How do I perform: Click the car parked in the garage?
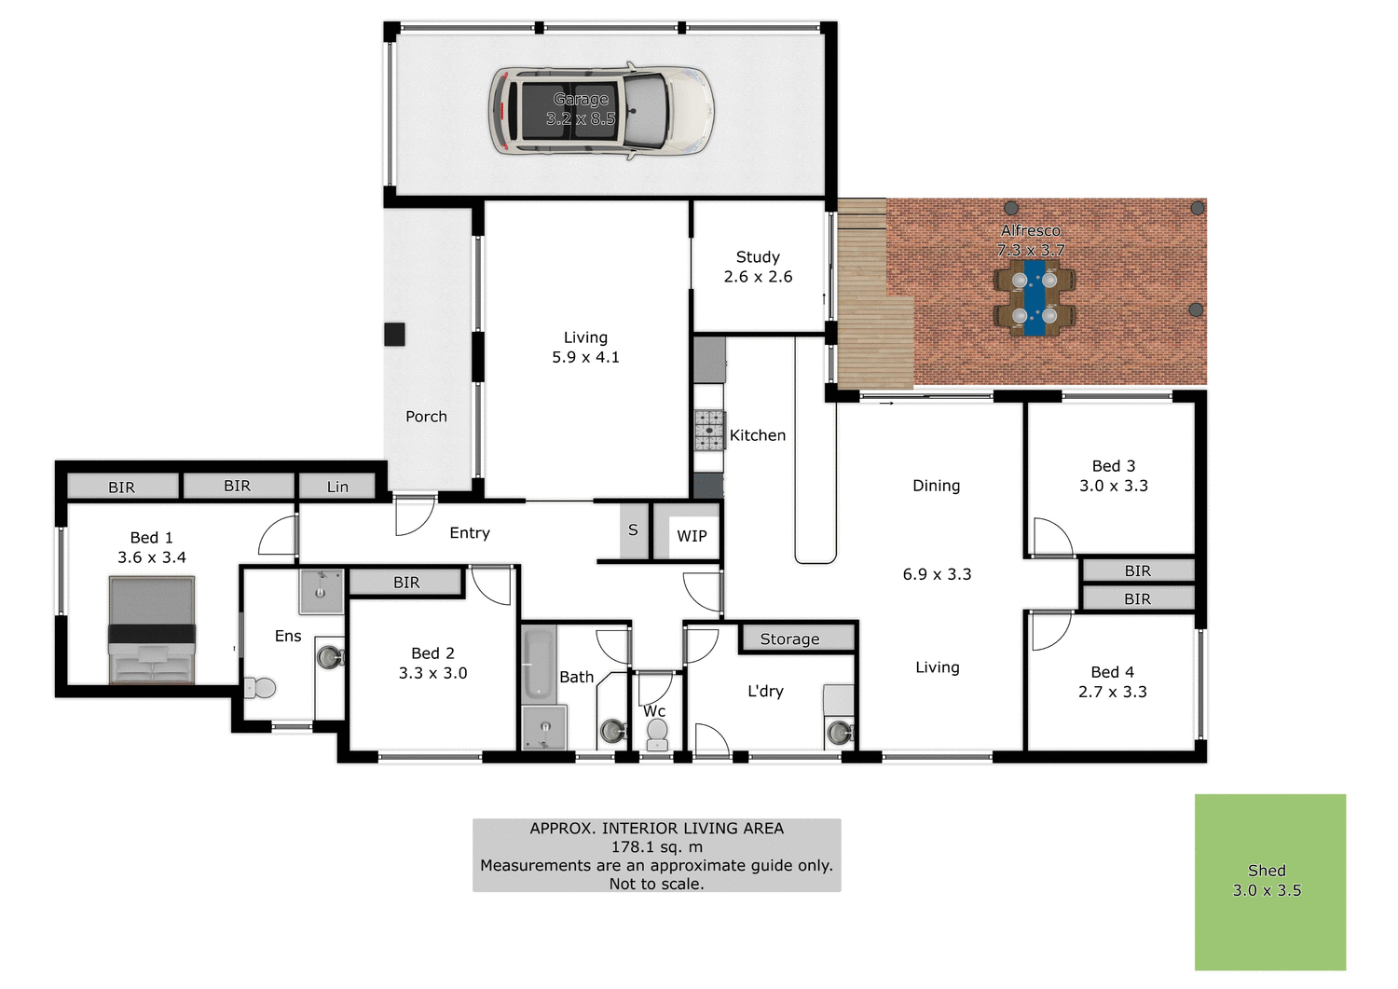601,110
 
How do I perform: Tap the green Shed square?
1269,881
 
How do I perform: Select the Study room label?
758,257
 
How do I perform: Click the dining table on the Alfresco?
1035,297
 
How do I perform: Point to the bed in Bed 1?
152,629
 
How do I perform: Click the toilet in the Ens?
261,688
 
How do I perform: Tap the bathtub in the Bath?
538,664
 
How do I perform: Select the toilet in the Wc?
657,734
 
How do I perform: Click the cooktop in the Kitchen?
708,430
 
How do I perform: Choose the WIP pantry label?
692,536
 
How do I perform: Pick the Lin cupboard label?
337,487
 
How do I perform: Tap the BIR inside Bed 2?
406,583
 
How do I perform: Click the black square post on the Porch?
395,334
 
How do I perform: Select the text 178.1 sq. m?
656,846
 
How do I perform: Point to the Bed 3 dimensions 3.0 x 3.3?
1114,486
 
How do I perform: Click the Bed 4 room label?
1112,672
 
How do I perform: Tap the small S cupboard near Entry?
634,530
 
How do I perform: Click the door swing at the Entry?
413,516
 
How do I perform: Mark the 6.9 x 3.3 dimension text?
937,574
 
